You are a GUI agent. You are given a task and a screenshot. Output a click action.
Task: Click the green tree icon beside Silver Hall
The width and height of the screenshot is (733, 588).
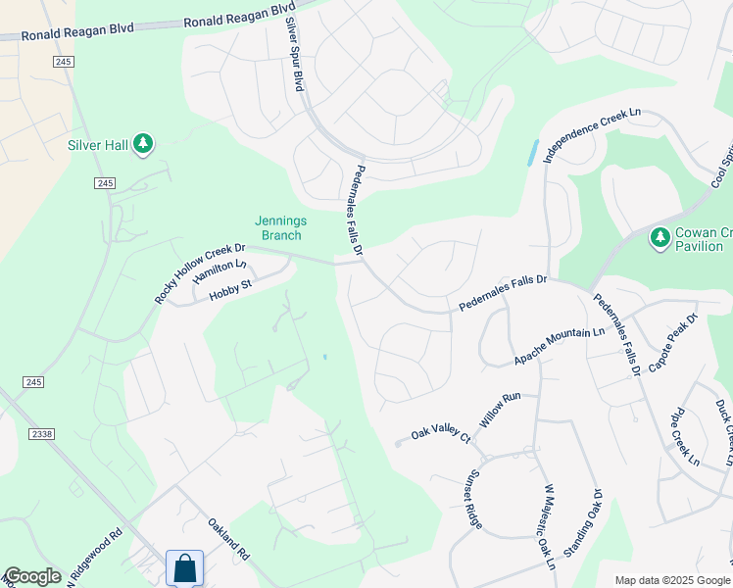(144, 145)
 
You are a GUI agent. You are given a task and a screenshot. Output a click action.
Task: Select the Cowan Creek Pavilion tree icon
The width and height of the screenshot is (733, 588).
(660, 237)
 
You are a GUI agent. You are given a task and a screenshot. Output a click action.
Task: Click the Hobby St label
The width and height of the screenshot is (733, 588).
(233, 287)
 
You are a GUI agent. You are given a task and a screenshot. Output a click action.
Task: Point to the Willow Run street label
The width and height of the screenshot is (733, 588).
(499, 404)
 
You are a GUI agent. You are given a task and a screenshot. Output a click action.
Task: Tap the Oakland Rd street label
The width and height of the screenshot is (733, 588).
(228, 540)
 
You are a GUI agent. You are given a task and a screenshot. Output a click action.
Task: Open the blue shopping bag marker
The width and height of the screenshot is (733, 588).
(183, 567)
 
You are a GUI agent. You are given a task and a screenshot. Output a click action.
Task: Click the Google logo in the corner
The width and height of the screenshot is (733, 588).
(32, 576)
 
